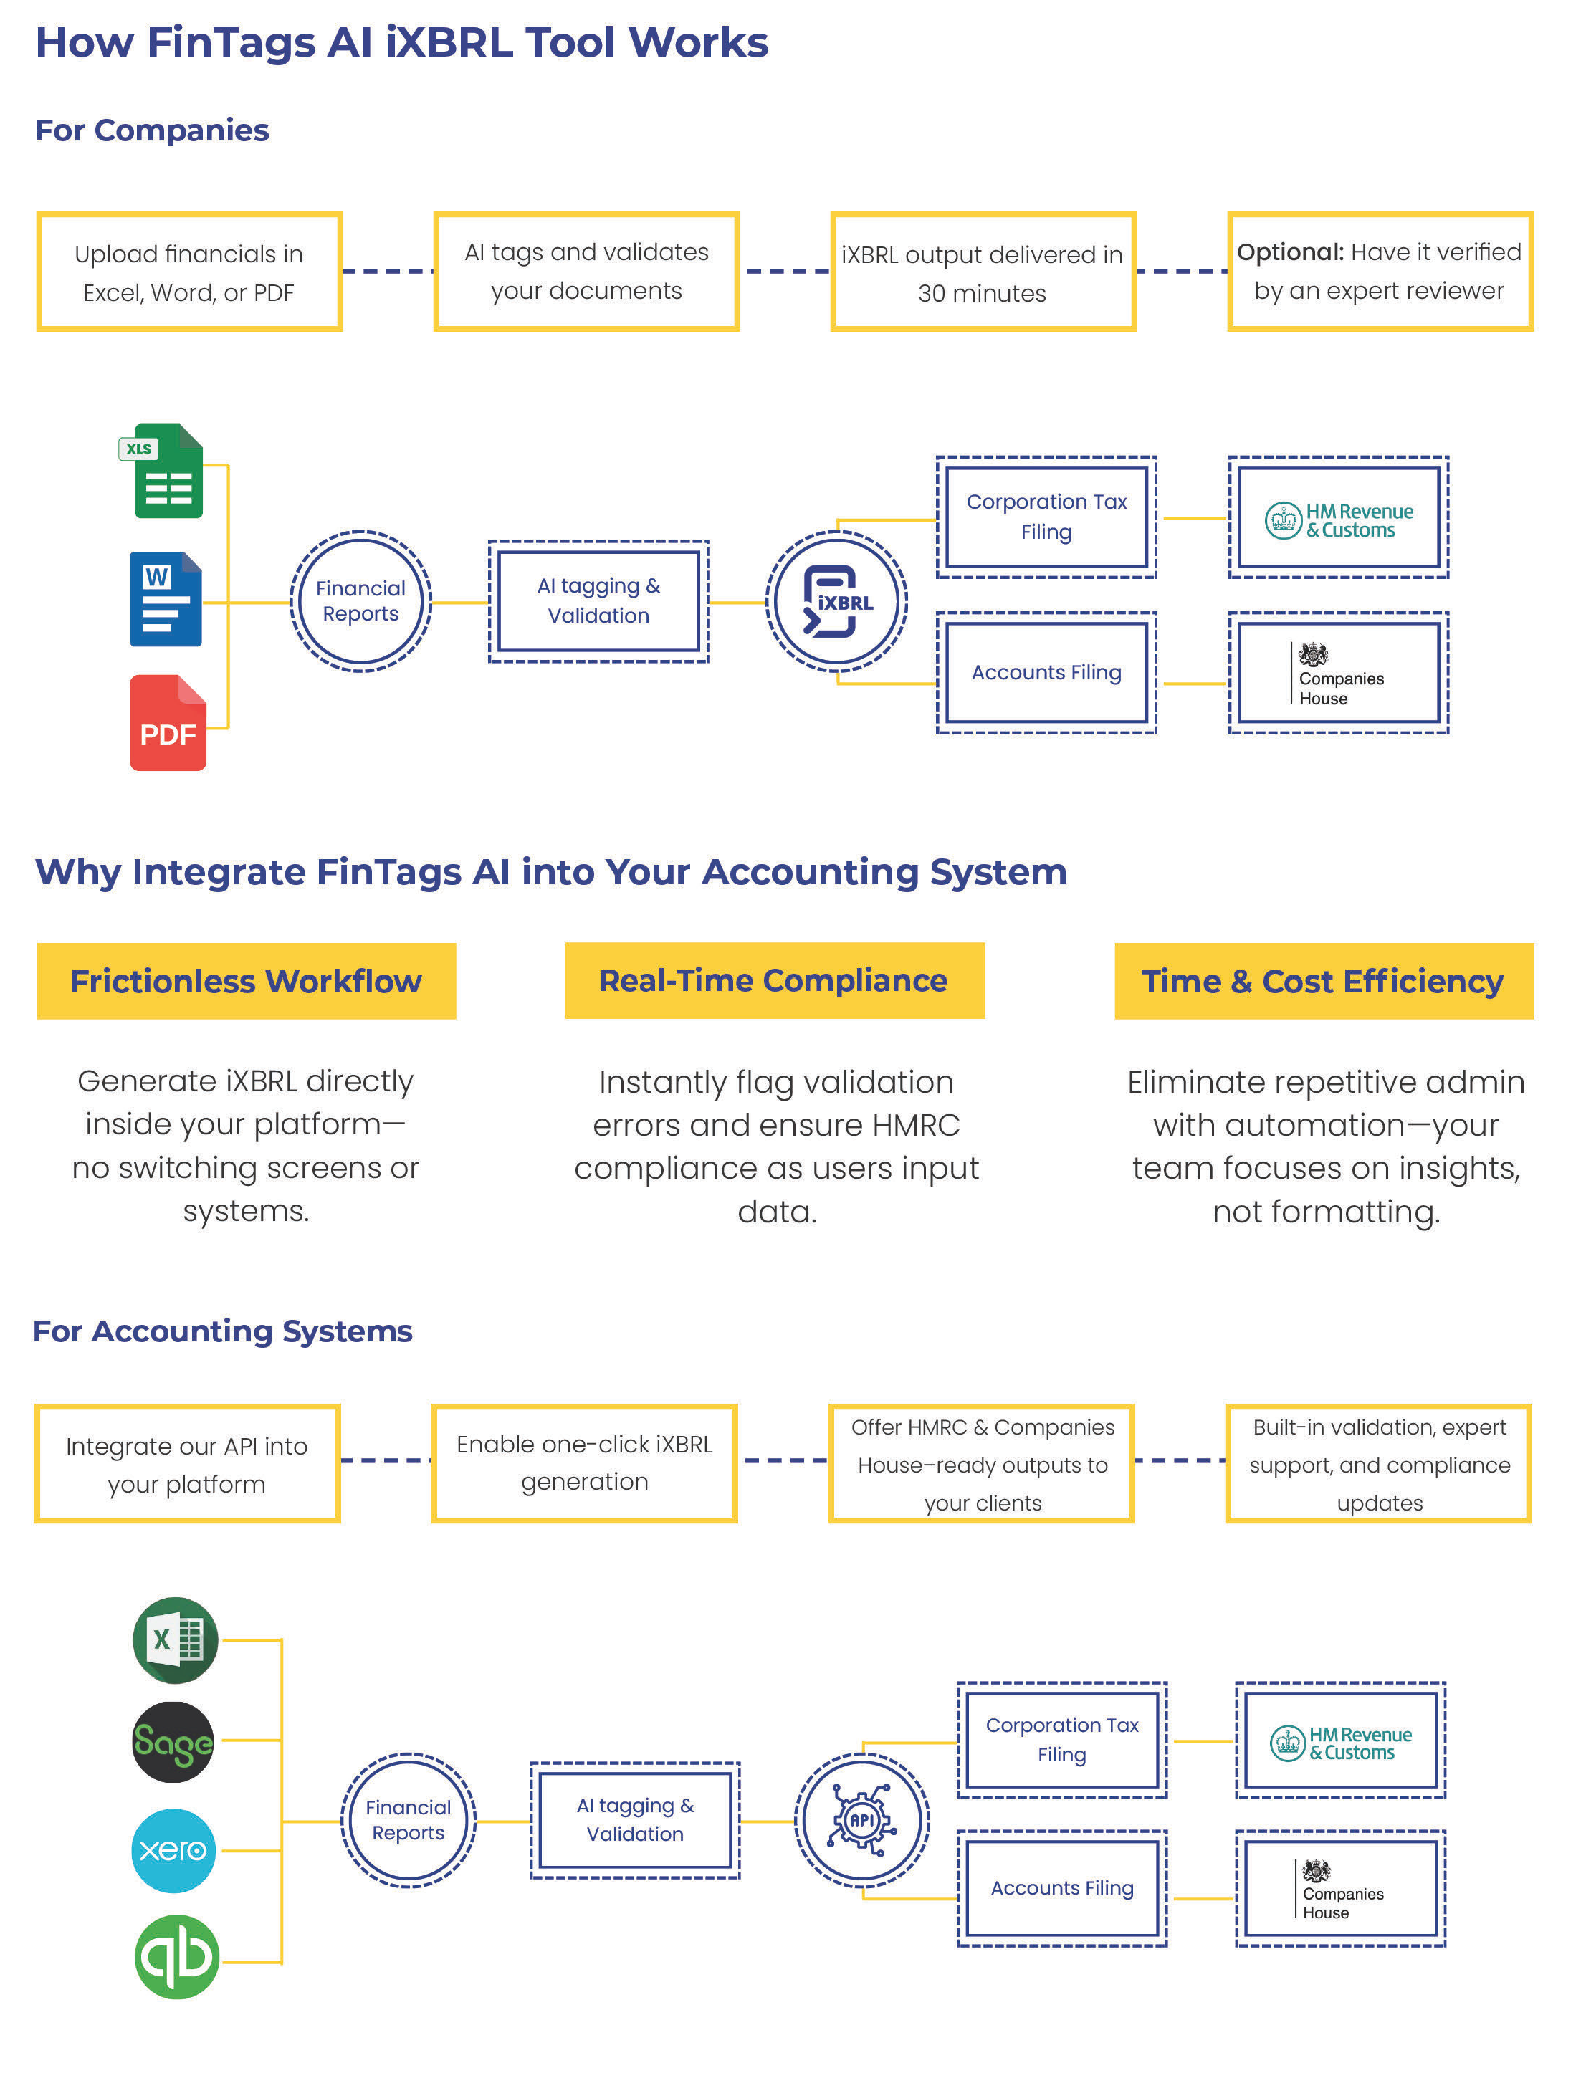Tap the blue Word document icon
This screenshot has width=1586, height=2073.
(x=166, y=600)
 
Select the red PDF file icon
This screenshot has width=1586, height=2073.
(x=168, y=723)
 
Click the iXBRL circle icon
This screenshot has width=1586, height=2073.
(x=836, y=601)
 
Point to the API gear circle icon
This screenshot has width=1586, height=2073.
(x=862, y=1819)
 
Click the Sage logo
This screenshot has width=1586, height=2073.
(x=173, y=1743)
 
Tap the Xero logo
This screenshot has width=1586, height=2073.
(x=173, y=1850)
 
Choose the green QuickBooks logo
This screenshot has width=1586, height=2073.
(x=176, y=1956)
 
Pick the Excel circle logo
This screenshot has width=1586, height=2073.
(x=175, y=1639)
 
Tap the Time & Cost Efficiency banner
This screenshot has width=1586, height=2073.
(x=1324, y=981)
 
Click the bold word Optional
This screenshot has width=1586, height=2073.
(x=1289, y=252)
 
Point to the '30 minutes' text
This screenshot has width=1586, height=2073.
(x=982, y=294)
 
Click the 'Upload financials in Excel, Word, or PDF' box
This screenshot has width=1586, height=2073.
(x=188, y=272)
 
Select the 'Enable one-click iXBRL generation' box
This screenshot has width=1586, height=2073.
(x=584, y=1462)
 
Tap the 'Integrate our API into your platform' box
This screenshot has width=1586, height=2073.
(x=187, y=1464)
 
